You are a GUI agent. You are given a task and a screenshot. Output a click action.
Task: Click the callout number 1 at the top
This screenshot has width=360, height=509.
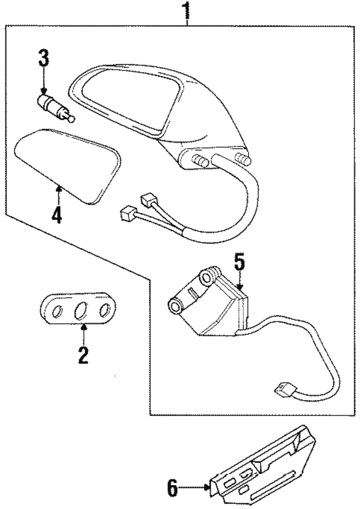(x=186, y=11)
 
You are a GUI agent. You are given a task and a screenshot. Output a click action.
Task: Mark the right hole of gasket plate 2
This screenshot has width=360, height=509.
(x=105, y=310)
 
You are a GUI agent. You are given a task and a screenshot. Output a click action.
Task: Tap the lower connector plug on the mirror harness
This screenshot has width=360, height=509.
(x=127, y=215)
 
